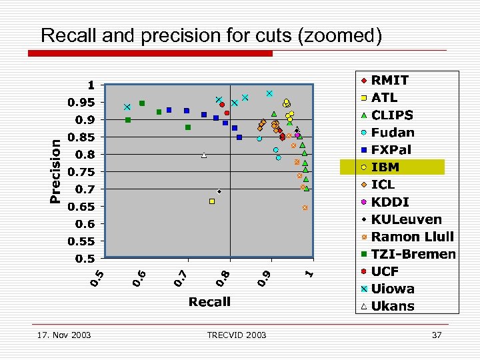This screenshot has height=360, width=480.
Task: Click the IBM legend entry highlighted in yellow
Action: point(392,167)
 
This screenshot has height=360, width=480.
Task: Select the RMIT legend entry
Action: point(390,81)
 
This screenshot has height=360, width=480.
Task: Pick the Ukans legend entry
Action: point(393,306)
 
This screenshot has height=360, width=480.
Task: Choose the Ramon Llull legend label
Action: point(412,237)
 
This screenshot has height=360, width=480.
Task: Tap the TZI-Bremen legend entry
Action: point(413,254)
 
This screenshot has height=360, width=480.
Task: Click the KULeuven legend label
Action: point(406,219)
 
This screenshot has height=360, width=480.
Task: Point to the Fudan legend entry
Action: point(393,133)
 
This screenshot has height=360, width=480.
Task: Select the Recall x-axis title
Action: point(209,302)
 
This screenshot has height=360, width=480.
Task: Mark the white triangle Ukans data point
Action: point(204,155)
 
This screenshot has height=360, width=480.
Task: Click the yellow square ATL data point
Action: point(212,201)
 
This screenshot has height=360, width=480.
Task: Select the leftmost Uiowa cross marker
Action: point(127,107)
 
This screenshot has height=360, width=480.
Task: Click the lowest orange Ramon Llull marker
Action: point(305,208)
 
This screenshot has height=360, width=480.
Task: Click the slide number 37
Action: point(437,335)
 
